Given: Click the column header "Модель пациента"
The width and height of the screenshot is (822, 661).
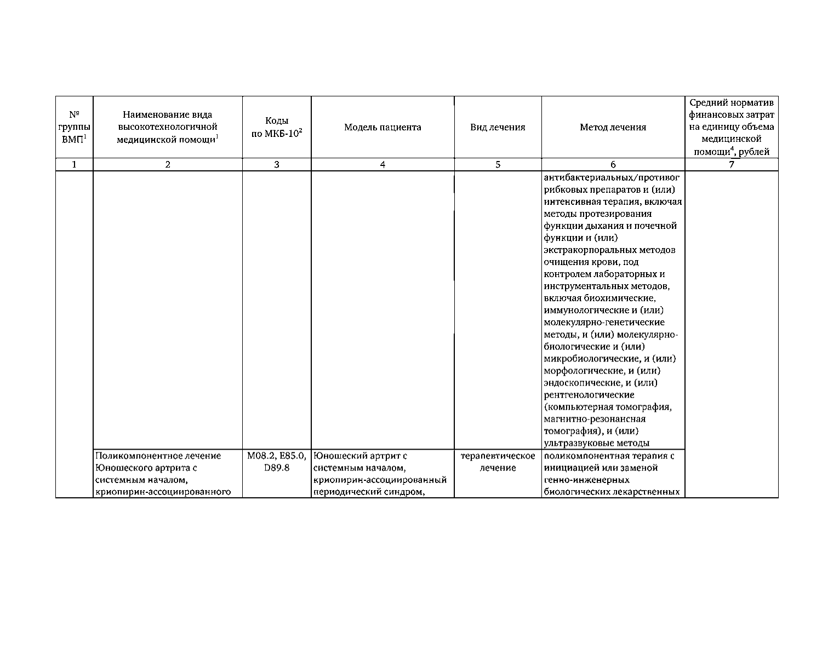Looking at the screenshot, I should pos(383,127).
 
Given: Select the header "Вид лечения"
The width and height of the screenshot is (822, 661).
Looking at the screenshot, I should pos(498,127).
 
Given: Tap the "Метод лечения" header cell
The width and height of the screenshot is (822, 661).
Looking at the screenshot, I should pos(613,127).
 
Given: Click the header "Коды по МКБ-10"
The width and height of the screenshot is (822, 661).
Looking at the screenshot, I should pos(277,127).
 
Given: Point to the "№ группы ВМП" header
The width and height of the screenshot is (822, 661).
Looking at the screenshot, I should pos(75,127).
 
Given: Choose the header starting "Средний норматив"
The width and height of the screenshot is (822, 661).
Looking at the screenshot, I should pos(732,127).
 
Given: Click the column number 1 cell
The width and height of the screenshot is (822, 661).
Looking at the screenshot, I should pos(75,164).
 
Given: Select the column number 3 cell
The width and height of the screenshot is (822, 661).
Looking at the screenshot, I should pos(277,164).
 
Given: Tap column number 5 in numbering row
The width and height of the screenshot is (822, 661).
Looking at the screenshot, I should pos(498,164).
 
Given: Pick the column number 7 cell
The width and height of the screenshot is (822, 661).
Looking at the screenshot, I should pos(732,164).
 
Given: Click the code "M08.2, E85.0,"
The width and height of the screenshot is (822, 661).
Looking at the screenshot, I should pos(277,456).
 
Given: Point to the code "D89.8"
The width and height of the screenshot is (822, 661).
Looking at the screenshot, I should pos(277,468).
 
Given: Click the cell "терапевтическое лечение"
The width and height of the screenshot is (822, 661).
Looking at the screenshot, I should pos(498,462).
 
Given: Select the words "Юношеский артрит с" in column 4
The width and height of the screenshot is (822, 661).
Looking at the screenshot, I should pos(361,456).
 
